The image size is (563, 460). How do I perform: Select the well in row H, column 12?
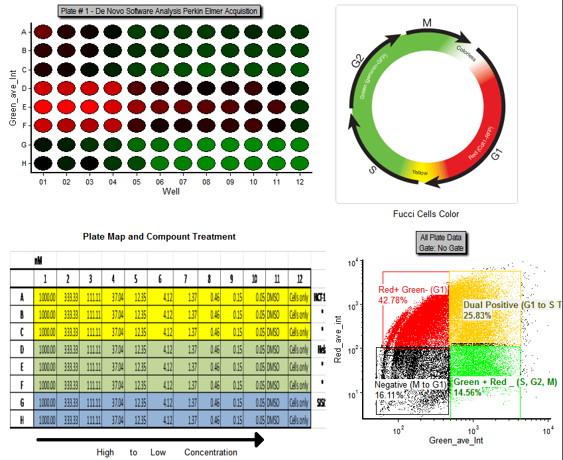tap(299, 163)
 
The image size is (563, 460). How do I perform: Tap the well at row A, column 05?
tap(137, 31)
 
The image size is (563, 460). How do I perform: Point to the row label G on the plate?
tap(24, 144)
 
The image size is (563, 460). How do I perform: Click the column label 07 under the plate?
tap(183, 181)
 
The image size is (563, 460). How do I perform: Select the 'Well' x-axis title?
tap(171, 191)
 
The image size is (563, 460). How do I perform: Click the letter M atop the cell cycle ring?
tap(427, 23)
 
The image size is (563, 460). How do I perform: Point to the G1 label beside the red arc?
tap(497, 156)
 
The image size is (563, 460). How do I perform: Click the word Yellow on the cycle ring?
tap(420, 173)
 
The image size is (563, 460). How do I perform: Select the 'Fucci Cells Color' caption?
tap(426, 214)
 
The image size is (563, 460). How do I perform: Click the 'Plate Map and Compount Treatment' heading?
tap(159, 236)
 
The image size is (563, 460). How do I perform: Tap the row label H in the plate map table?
tap(23, 420)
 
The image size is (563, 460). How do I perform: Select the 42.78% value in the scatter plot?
tap(392, 300)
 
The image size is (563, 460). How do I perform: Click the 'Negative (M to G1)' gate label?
tap(410, 384)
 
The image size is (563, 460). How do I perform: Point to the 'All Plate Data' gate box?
tap(442, 242)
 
